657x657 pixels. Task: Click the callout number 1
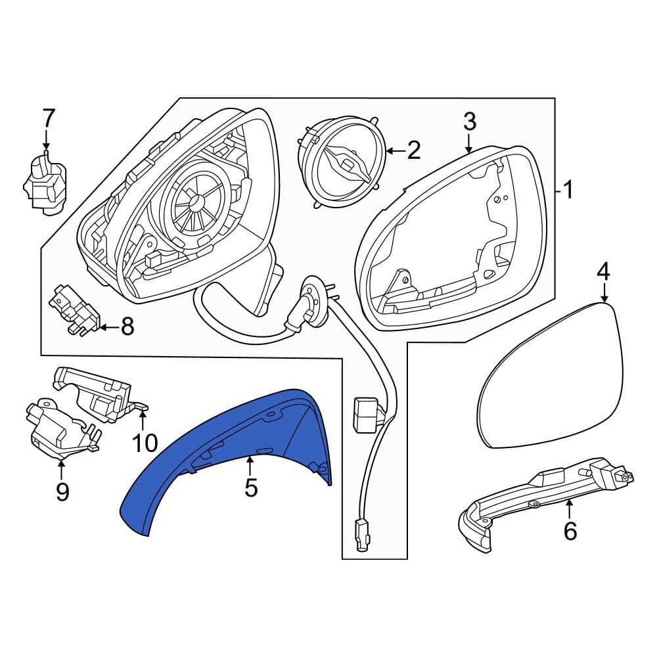568,190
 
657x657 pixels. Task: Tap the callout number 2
413,150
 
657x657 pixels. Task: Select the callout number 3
470,122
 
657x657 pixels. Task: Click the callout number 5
250,487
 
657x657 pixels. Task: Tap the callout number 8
127,326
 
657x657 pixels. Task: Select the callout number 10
145,443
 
